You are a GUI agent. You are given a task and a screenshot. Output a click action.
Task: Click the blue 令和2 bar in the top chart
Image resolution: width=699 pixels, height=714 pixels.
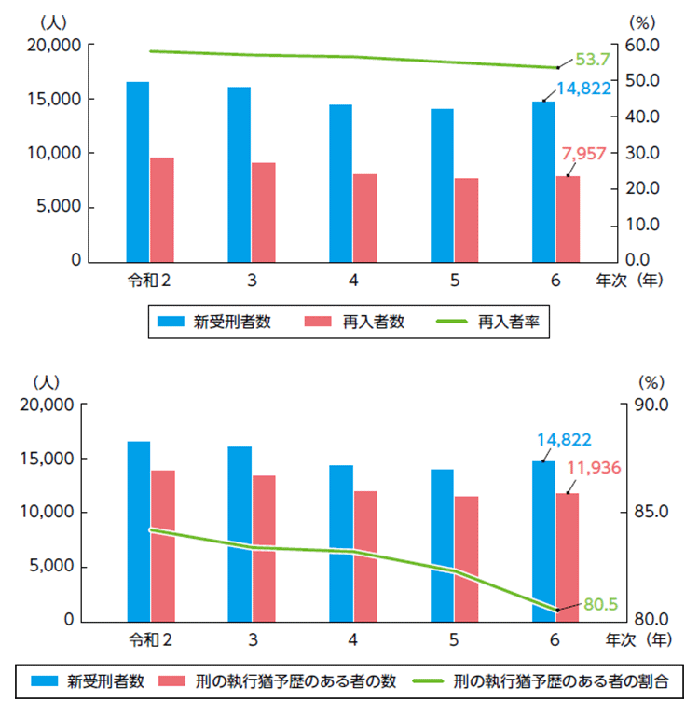[x=138, y=172]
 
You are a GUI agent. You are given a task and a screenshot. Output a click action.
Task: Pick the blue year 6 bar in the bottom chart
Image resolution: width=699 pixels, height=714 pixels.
[x=543, y=541]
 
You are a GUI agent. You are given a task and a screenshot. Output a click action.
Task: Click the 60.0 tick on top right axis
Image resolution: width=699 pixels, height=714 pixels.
[x=642, y=46]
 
